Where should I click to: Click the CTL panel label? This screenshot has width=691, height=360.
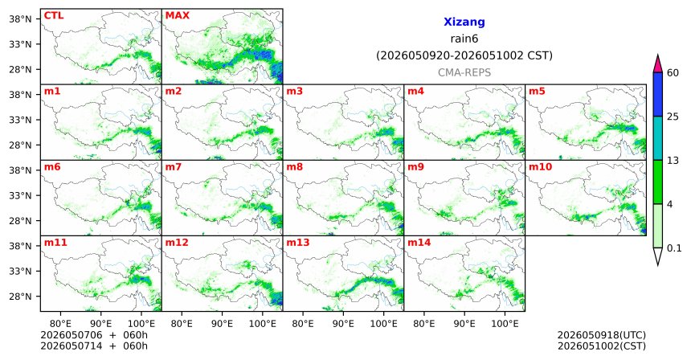(54, 15)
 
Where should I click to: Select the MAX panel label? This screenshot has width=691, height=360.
(177, 15)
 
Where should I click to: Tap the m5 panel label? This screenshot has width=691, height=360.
(537, 92)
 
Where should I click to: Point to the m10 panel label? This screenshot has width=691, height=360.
(540, 167)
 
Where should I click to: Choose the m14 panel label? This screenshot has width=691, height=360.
(419, 243)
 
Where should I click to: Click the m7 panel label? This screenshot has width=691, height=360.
(174, 167)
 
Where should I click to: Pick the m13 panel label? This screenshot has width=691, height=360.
(298, 243)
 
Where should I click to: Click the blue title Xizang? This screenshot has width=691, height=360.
(464, 22)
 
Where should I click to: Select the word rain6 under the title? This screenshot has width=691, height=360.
(464, 39)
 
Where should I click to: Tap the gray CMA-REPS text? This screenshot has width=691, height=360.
(464, 72)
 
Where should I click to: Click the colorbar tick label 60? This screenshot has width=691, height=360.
(673, 72)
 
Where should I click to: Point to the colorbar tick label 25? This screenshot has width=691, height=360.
(673, 117)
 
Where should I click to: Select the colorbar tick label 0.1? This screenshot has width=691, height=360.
(674, 248)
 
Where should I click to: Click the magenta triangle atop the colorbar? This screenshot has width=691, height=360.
(657, 64)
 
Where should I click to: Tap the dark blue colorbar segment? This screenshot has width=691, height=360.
(657, 94)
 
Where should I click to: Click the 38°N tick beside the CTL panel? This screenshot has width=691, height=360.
(20, 19)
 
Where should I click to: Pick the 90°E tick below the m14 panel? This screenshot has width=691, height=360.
(464, 324)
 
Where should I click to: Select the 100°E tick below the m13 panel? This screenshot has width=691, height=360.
(383, 324)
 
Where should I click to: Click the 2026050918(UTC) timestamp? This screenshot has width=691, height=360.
(602, 336)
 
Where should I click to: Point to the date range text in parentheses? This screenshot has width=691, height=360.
(464, 56)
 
